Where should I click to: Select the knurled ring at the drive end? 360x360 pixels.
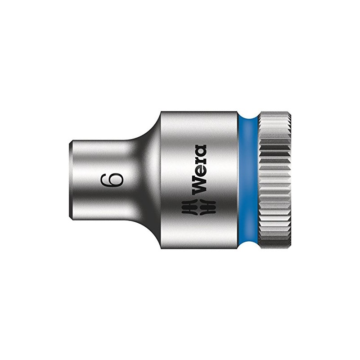[x=274, y=180]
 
